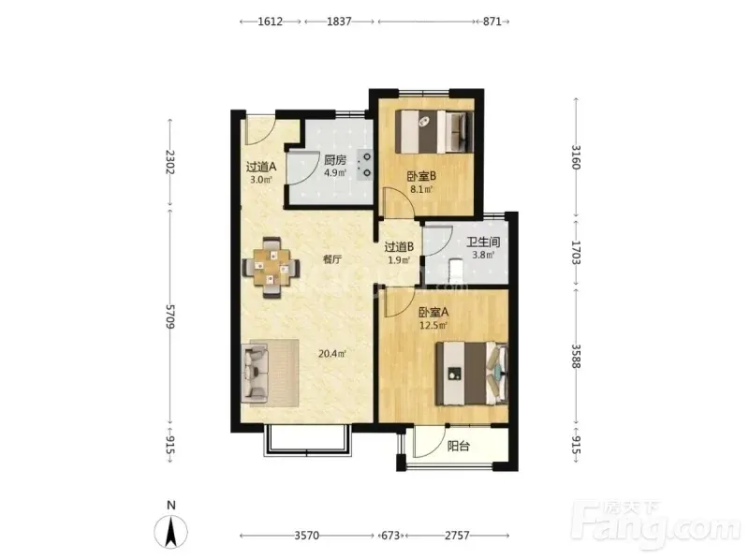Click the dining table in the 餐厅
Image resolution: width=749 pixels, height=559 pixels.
coord(272,267)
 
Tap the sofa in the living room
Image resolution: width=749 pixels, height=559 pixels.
coord(255,374)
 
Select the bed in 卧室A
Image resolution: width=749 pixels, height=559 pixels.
coord(472,374)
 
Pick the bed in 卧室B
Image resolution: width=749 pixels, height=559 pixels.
coord(434,132)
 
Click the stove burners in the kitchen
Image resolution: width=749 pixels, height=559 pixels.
coord(367,165)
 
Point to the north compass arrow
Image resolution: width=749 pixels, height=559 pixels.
coord(170,531)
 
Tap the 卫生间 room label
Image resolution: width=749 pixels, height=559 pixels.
coord(483,242)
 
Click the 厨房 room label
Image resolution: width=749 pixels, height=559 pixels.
coord(335,160)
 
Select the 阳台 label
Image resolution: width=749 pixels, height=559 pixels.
coord(458,447)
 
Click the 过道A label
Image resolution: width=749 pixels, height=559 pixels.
coord(261,167)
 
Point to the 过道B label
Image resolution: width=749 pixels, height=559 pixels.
coord(399,247)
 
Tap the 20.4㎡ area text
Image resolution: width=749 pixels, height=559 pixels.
coord(332,354)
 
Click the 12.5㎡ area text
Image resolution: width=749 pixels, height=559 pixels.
coord(433,326)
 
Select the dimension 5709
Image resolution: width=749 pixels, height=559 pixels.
coord(170,316)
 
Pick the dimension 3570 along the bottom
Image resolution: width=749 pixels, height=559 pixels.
coord(307,536)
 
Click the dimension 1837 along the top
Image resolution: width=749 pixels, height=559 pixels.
coord(339,22)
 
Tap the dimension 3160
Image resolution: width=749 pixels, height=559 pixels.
coord(576,156)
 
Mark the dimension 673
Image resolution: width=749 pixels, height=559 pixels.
coord(390,536)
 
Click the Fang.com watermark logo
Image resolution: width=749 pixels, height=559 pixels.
coord(656,524)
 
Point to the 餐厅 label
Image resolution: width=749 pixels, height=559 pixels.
coord(332,259)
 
